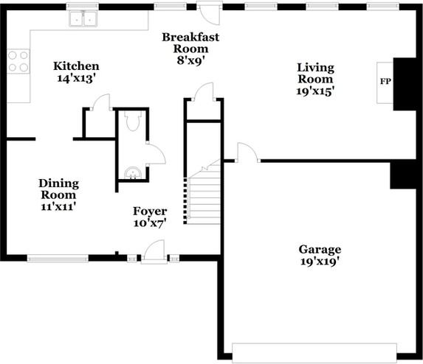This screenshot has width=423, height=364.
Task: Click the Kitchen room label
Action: tap(76, 66)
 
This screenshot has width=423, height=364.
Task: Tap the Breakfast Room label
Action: tap(190, 43)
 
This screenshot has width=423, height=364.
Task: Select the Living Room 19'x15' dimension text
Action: tap(315, 91)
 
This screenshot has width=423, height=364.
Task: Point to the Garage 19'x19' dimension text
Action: tap(320, 261)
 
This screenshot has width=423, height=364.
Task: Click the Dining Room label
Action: tap(59, 189)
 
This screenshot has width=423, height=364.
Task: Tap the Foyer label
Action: tap(150, 211)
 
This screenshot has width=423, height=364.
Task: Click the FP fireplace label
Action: tap(385, 81)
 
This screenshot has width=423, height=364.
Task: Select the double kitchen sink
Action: tap(83, 19)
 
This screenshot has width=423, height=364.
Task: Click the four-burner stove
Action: tap(18, 61)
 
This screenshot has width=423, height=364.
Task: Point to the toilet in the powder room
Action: tap(132, 121)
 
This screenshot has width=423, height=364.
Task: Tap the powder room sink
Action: tap(132, 173)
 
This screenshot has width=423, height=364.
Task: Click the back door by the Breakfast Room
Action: tap(210, 14)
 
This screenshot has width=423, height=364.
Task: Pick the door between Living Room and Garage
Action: tap(247, 152)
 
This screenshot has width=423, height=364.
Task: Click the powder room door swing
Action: tap(156, 153)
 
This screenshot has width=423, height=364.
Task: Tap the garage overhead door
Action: tap(314, 353)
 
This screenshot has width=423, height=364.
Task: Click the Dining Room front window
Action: tap(58, 259)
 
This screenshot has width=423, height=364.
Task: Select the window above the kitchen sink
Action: tap(83, 6)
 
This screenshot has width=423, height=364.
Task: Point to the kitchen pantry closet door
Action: tap(101, 102)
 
